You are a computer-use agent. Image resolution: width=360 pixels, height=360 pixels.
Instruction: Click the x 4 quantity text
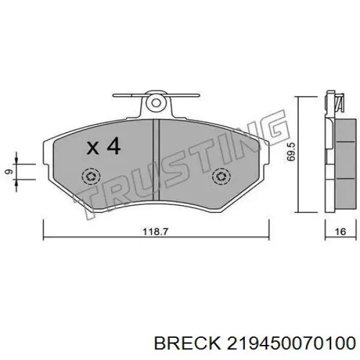[x=103, y=146]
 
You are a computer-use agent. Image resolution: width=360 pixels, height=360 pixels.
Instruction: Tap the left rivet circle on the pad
[x=91, y=176]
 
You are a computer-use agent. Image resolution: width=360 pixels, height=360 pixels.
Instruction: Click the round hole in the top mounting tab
[x=156, y=103]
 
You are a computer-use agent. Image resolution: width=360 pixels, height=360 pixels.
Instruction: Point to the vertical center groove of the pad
[x=156, y=162]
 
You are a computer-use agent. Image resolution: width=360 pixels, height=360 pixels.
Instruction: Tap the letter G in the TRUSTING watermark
[x=274, y=127]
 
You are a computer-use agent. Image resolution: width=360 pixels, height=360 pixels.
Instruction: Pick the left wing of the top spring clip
[x=127, y=95]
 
